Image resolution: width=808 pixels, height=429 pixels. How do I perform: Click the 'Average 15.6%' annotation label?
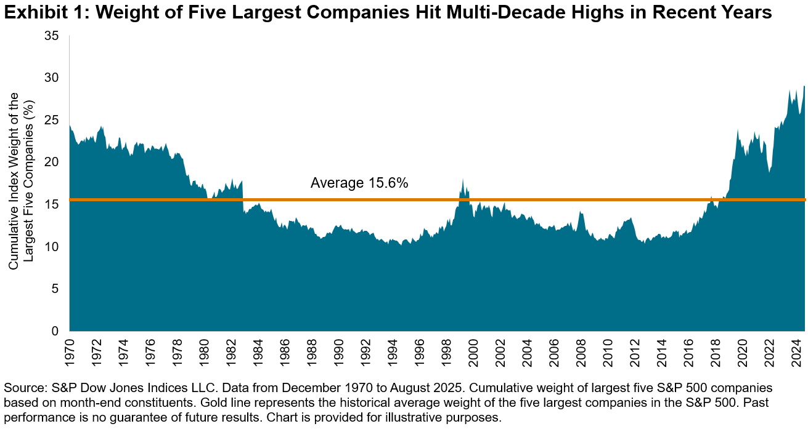tap(359, 183)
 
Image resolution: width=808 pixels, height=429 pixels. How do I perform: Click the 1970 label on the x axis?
tap(70, 350)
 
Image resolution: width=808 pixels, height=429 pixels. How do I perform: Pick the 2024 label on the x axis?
tap(796, 350)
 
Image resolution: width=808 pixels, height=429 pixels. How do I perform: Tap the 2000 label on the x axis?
tap(473, 350)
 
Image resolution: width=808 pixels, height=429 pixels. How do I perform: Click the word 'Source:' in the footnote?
tap(22, 388)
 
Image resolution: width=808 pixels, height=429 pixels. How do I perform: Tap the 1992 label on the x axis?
tap(365, 350)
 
